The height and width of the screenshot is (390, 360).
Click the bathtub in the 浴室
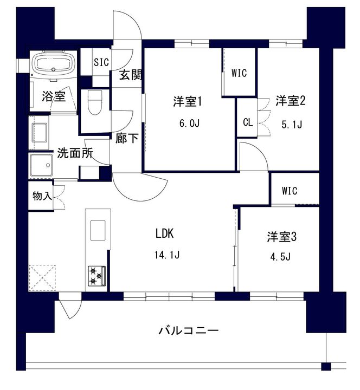pos(53,64)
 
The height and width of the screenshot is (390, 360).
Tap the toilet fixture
pos(95,102)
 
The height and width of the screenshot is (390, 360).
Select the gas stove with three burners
pos(97,276)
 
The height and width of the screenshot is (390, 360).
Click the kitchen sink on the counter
pos(98,230)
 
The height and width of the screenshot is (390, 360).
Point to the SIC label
pos(101,62)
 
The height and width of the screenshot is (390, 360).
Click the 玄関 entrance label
pos(130,75)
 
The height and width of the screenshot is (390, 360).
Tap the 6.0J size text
pos(189,123)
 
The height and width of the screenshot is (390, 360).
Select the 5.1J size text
pos(292,125)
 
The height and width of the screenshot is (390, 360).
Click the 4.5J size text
pos(280,256)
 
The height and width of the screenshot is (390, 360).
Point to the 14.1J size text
pos(167,255)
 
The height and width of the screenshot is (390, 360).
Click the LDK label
pos(165,234)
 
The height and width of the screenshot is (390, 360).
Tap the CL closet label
pos(248,122)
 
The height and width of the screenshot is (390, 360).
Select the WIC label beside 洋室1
pos(239,73)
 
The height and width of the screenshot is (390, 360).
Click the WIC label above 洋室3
pos(290,191)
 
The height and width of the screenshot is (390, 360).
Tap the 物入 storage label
pos(42,196)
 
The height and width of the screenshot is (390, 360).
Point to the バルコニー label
pos(189,330)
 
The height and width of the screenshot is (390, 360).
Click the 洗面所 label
pos(75,153)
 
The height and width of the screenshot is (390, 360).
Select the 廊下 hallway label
pos(127,138)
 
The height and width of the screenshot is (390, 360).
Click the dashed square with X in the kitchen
pos(42,277)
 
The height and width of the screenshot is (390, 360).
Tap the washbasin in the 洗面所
pos(41,165)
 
